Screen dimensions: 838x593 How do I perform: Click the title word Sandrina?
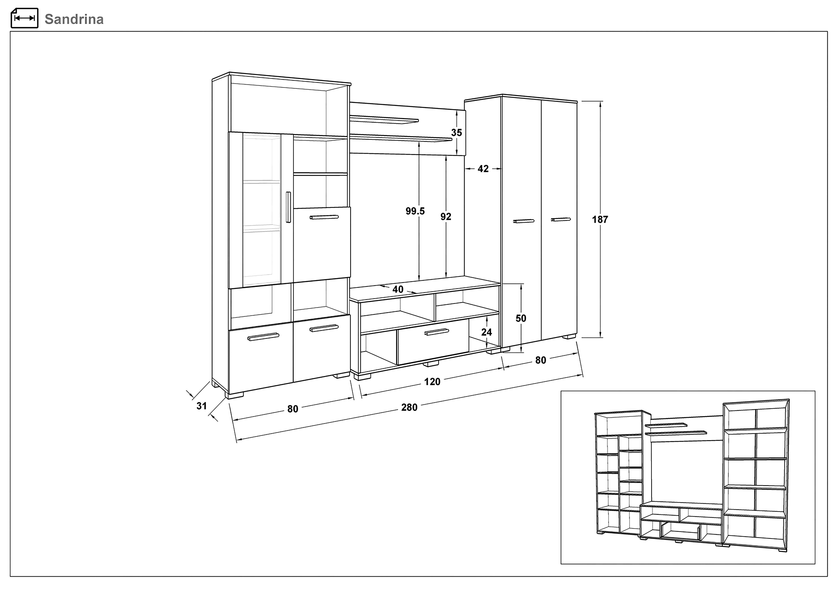pyautogui.click(x=74, y=19)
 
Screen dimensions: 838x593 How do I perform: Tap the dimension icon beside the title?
pyautogui.click(x=24, y=18)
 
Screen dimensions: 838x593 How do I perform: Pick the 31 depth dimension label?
pyautogui.click(x=202, y=406)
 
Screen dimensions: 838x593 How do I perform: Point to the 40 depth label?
pyautogui.click(x=398, y=290)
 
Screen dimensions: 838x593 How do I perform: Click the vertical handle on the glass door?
pyautogui.click(x=288, y=207)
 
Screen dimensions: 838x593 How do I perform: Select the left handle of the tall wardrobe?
pyautogui.click(x=524, y=221)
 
